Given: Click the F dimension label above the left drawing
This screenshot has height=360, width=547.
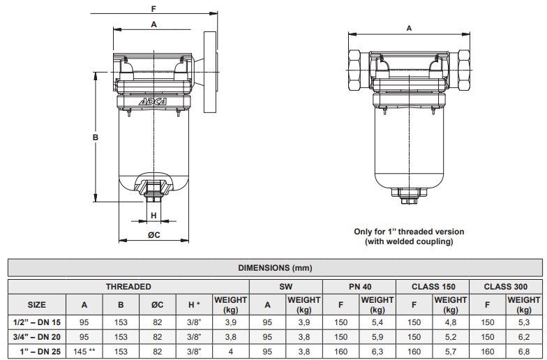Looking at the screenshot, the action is (x=153, y=8).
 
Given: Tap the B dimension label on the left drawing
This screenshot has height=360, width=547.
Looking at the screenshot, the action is (x=95, y=137).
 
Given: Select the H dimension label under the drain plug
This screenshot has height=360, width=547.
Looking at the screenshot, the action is (x=153, y=216).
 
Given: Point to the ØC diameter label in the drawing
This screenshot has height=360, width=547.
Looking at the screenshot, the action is (x=153, y=234).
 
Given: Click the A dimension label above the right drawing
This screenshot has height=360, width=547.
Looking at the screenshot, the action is (x=409, y=28).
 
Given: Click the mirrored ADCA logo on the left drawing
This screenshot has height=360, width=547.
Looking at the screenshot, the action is (x=153, y=102).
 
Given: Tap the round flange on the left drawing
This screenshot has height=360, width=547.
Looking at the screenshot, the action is (x=211, y=73).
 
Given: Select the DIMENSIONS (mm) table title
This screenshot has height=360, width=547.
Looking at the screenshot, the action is (x=275, y=268).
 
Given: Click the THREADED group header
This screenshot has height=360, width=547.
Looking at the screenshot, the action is (x=128, y=287).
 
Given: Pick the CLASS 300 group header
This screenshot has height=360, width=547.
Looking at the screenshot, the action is (x=505, y=287).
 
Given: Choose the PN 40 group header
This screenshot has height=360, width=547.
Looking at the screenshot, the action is (x=360, y=287).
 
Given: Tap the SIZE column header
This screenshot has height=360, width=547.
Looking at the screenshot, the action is (x=36, y=305).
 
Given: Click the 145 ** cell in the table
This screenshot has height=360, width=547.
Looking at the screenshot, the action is (x=84, y=352).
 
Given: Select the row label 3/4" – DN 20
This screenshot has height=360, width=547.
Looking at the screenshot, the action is (x=36, y=337).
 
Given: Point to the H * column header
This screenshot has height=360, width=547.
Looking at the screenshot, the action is (x=194, y=305).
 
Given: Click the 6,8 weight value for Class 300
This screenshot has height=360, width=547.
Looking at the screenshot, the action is (x=523, y=352).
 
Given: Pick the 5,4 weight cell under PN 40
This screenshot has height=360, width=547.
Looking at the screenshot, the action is (x=377, y=322).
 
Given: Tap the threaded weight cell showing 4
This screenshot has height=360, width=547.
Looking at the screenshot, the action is (x=230, y=352).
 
